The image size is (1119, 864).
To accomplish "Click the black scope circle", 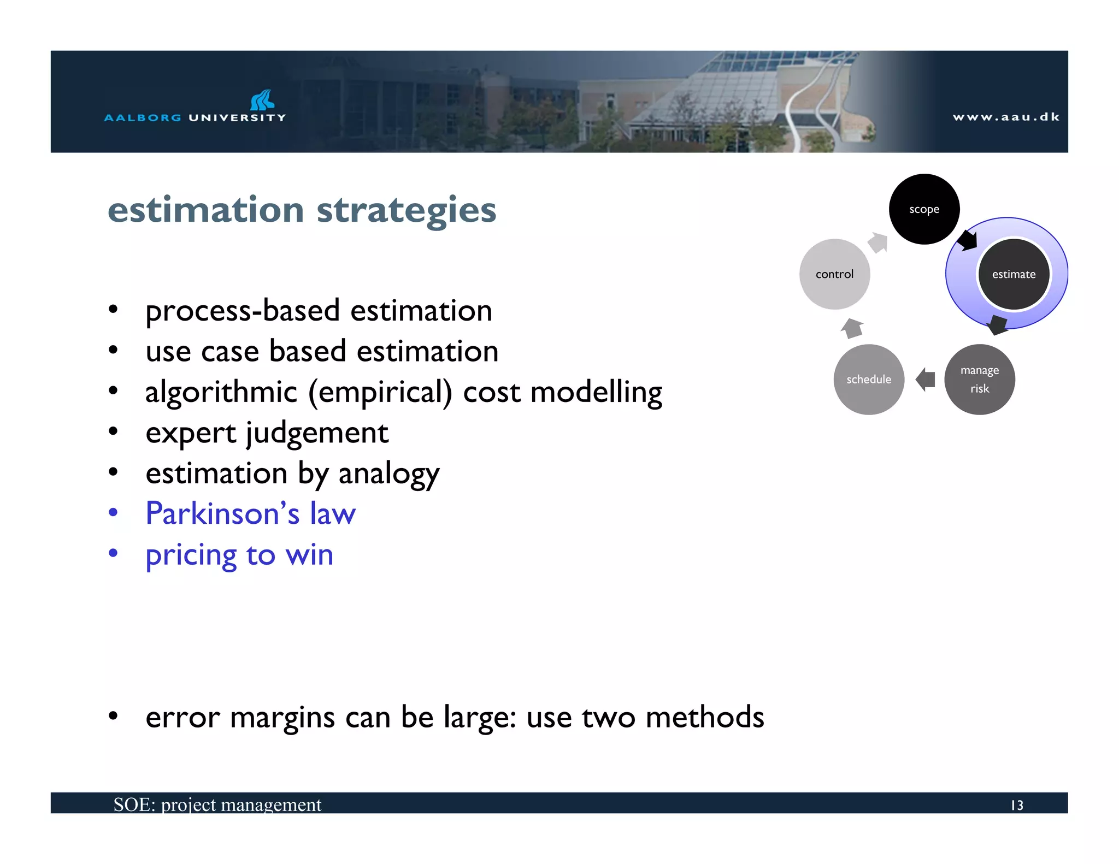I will coord(924,209).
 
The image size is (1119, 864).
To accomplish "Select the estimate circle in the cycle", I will coord(1014,274).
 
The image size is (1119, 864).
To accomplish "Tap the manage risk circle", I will coord(979,380).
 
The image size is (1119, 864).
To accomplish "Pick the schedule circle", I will coord(869,380).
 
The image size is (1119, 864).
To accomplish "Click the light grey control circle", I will coord(834,274).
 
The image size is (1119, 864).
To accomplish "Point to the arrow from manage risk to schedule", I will coord(925,380).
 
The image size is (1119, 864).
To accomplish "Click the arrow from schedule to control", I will coord(852,329).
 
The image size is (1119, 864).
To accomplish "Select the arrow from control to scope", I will coord(879,242).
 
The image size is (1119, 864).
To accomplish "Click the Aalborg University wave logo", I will coord(262,100).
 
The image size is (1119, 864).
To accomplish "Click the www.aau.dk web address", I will coord(1006,117).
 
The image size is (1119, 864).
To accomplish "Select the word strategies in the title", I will coord(407,210).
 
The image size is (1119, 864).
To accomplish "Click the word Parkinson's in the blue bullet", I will coord(222,514).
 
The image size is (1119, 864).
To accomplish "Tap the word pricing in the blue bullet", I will coord(191,555).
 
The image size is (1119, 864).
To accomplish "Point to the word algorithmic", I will coord(221,393).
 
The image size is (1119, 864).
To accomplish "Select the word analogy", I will coord(388,474).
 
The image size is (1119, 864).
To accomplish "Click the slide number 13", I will coord(1016,805).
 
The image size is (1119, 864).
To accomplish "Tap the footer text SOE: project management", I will coord(217,804).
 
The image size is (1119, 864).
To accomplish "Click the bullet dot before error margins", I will coord(113,716).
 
